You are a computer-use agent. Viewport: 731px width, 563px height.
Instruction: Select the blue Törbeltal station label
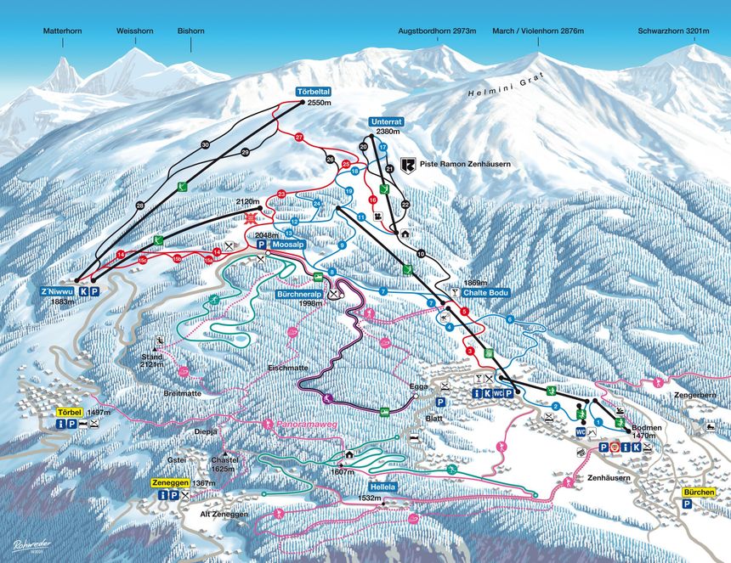313,91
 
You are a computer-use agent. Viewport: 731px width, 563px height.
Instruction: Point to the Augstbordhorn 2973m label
436,32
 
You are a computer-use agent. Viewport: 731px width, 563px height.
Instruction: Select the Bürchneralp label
292,294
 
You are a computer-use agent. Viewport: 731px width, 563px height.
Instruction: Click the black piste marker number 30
205,145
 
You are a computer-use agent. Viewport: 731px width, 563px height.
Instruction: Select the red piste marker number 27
298,137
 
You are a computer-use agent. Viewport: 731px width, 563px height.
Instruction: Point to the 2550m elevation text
318,103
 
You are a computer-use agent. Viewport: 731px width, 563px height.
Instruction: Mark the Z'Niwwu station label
57,290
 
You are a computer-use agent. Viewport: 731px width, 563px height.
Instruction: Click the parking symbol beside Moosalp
262,244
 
